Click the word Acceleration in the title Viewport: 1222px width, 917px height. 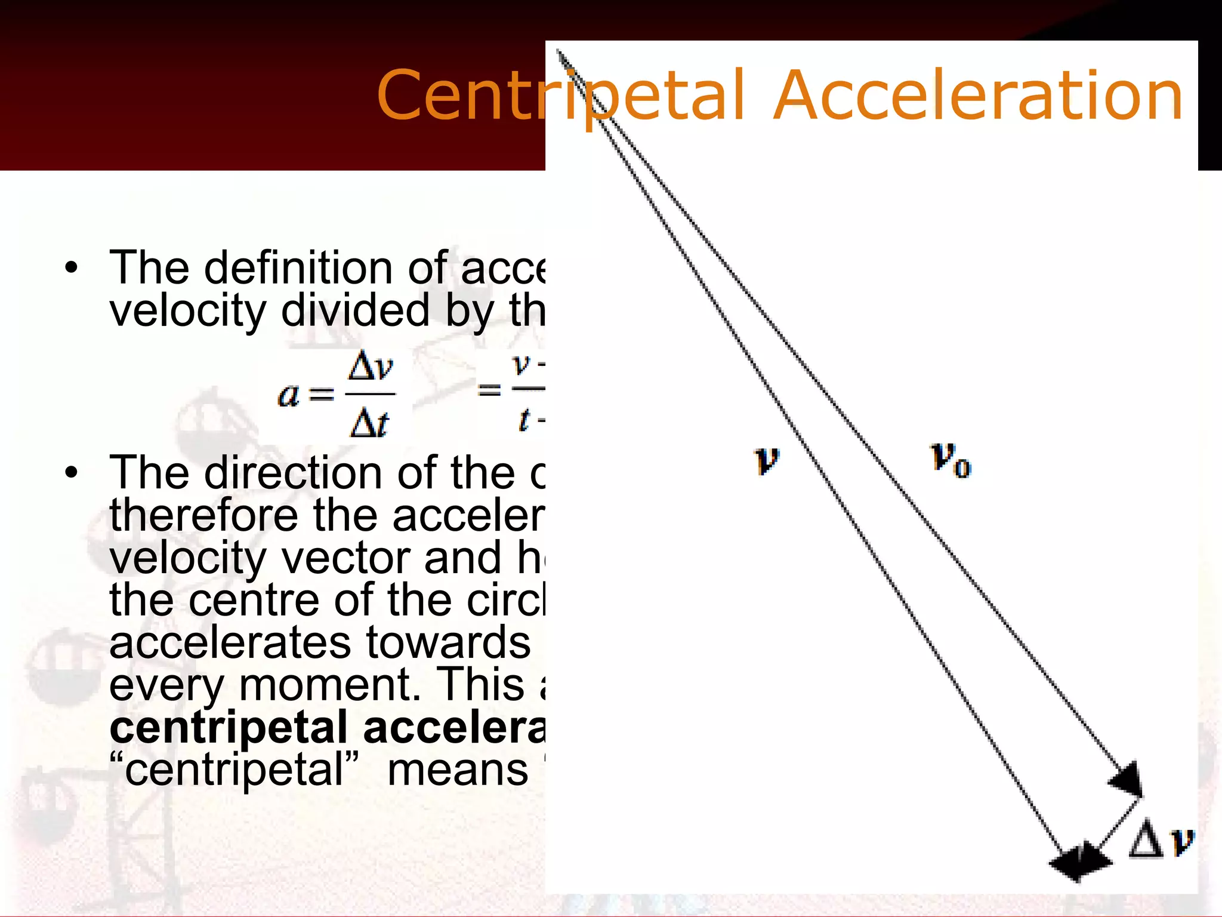(x=979, y=96)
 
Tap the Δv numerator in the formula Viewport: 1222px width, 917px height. (x=371, y=367)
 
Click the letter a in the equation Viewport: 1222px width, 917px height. (x=289, y=394)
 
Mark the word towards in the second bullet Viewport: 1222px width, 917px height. (x=448, y=642)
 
